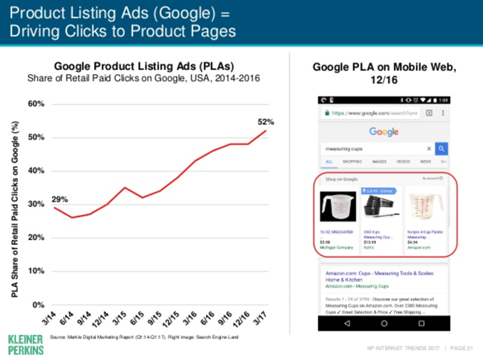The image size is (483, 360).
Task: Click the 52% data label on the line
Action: pyautogui.click(x=266, y=122)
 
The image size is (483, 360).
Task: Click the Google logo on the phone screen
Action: pyautogui.click(x=385, y=131)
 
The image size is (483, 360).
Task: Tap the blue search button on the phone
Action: pyautogui.click(x=441, y=149)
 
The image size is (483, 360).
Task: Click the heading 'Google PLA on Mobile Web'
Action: pyautogui.click(x=384, y=70)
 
